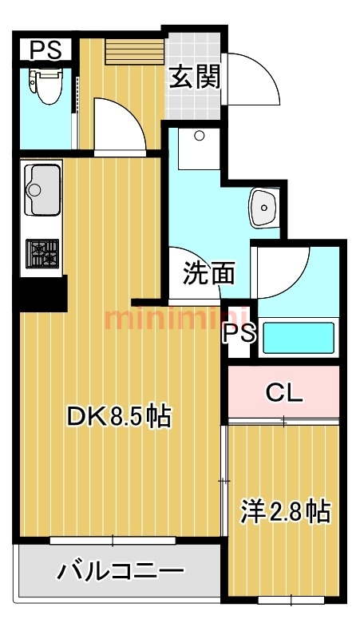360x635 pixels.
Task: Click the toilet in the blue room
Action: coord(45,85)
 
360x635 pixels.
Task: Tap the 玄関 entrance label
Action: coord(195,77)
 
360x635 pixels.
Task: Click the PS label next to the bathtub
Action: coord(240,333)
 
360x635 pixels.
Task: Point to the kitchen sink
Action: coord(42,190)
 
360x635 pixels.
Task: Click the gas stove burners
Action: coord(42,253)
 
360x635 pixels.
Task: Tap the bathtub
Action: coord(299,338)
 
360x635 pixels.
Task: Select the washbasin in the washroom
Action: coord(264,208)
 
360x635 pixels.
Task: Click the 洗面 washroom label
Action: coord(208,273)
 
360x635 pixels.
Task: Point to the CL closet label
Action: coord(284,392)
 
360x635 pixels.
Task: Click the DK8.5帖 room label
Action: coord(119,416)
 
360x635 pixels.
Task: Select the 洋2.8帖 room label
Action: coord(286,512)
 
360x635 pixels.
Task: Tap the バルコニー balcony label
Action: coord(121,571)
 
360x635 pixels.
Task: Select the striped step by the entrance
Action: coord(135,51)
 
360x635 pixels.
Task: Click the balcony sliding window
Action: coord(113,540)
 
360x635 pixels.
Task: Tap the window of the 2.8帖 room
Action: coord(291,600)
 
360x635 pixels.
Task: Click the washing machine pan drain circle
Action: coord(199,136)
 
